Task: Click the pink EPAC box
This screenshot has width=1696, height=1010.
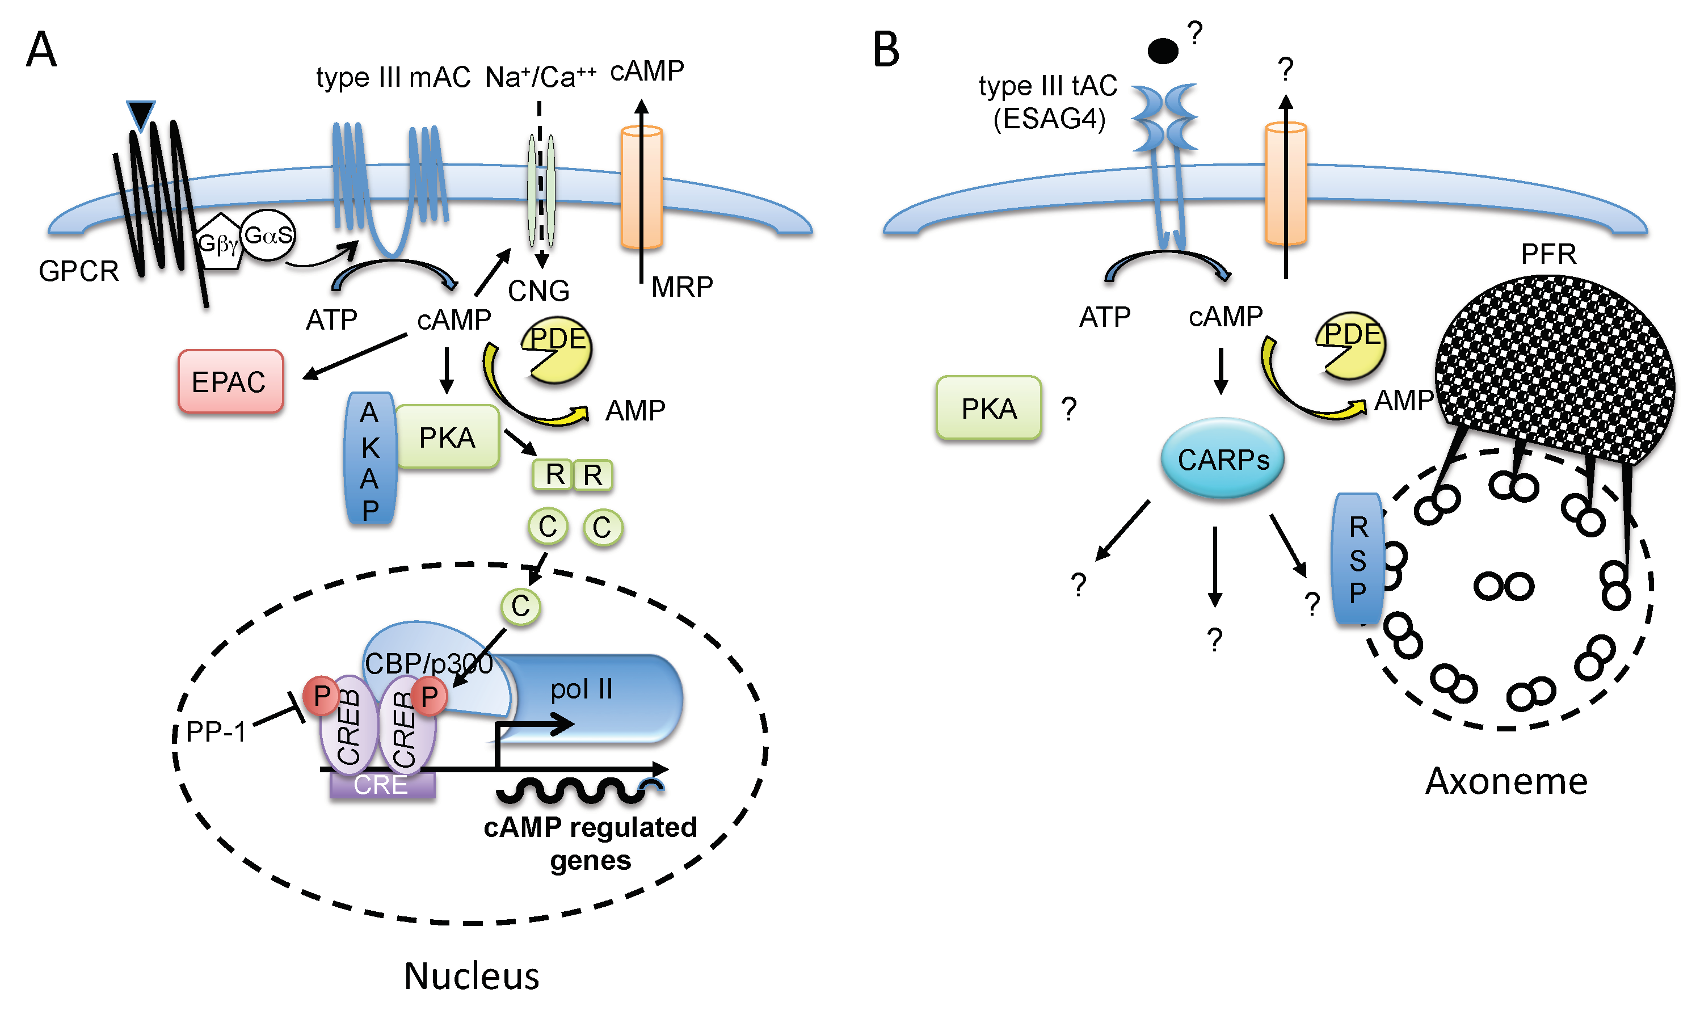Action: pyautogui.click(x=230, y=381)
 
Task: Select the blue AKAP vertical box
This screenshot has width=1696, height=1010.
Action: pyautogui.click(x=369, y=458)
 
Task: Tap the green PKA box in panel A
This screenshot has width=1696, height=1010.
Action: pyautogui.click(x=447, y=437)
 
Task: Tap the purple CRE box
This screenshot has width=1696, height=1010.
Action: pyautogui.click(x=381, y=785)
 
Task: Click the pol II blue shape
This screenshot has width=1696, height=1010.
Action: pyautogui.click(x=599, y=694)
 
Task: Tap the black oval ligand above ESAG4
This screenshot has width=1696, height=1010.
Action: pyautogui.click(x=1163, y=51)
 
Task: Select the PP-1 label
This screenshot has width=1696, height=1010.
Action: pyautogui.click(x=215, y=733)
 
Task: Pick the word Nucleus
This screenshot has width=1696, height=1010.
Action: pyautogui.click(x=471, y=976)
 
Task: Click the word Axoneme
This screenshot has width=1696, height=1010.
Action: pyautogui.click(x=1506, y=781)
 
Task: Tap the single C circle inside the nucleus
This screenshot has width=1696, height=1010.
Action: pyautogui.click(x=521, y=606)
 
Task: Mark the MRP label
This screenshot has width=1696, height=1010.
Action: pyautogui.click(x=682, y=287)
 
